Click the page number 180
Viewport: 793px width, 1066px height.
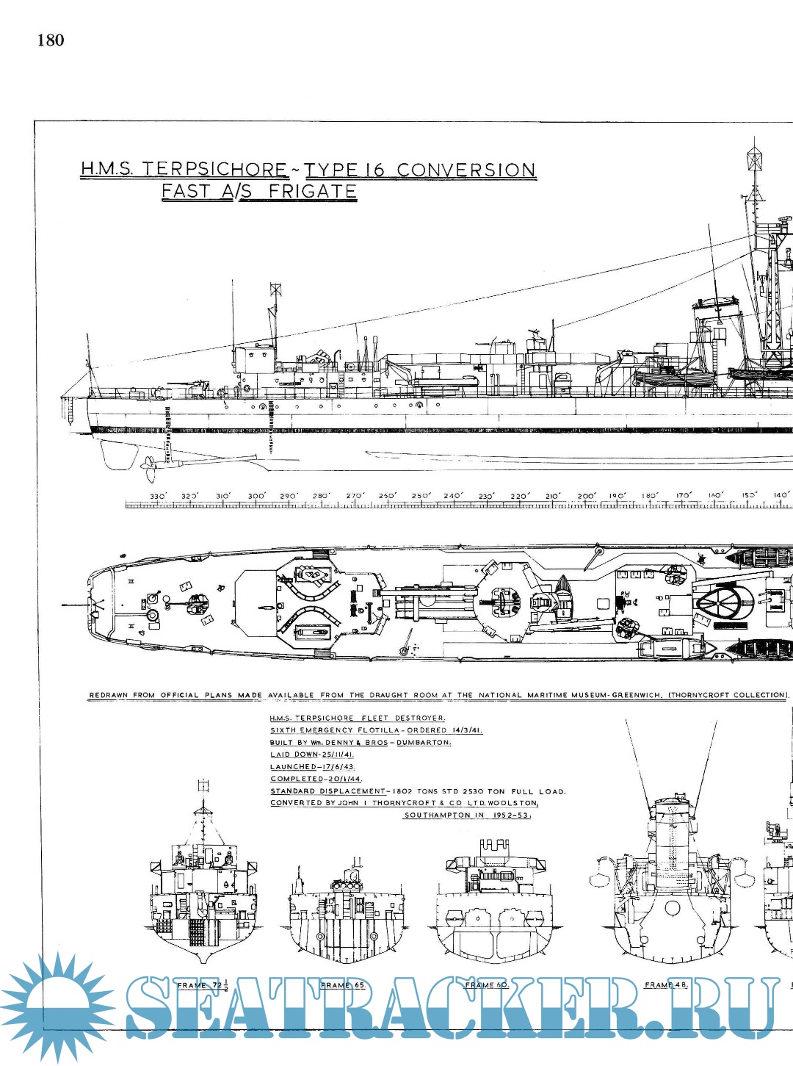(x=51, y=40)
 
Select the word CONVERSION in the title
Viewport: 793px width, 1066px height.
(x=466, y=169)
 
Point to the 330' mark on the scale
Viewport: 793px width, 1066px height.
(x=157, y=497)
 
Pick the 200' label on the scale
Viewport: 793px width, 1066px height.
(x=586, y=497)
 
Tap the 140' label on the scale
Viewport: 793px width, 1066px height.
(x=780, y=496)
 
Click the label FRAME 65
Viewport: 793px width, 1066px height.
(x=342, y=985)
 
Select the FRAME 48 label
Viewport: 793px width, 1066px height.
(x=665, y=984)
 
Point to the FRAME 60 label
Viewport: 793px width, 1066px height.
(x=486, y=985)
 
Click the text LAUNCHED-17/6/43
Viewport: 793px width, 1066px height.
(x=312, y=766)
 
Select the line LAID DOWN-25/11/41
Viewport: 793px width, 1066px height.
(x=311, y=755)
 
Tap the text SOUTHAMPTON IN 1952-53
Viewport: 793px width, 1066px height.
(x=467, y=815)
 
